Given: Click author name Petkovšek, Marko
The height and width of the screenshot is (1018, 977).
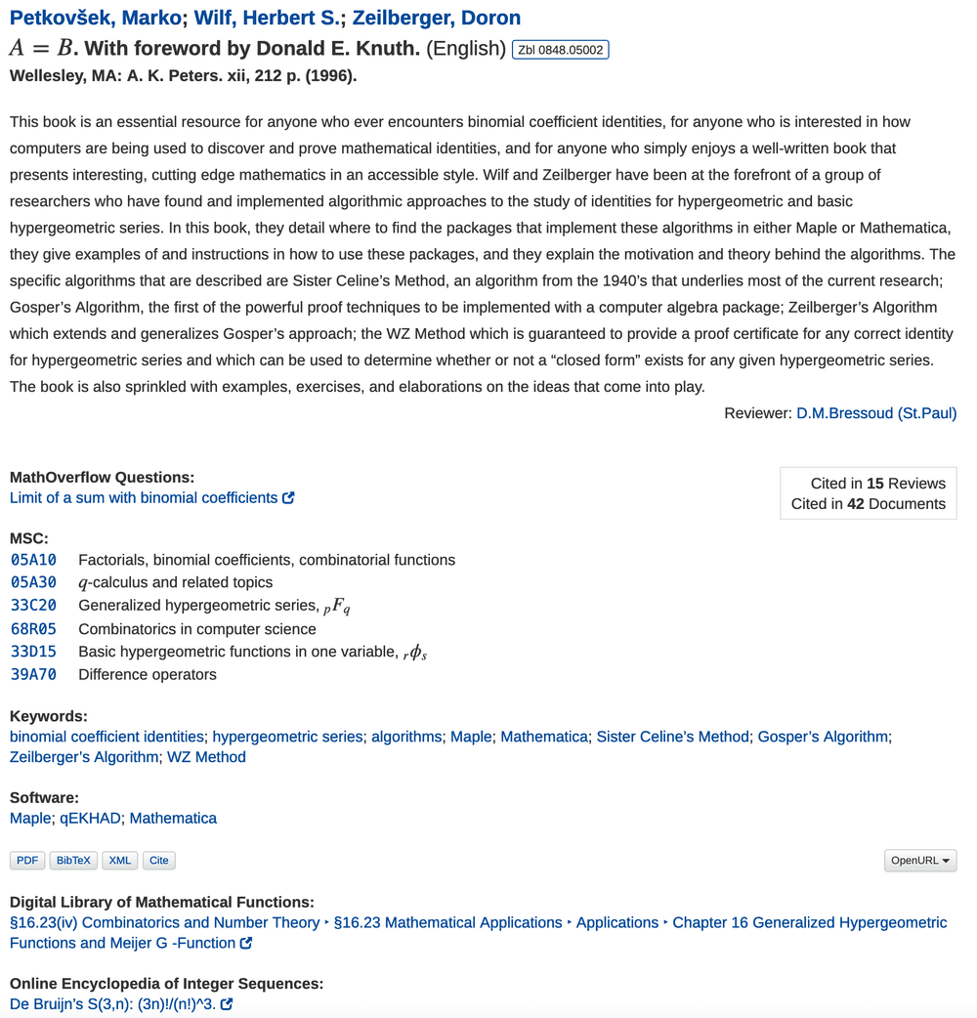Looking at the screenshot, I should coord(95,18).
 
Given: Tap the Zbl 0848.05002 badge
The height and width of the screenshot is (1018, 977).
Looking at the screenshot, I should coord(560,50).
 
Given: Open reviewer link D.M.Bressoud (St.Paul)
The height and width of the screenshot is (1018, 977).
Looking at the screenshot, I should coord(876,413).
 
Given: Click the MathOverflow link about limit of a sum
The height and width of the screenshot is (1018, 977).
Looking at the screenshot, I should coord(145,497).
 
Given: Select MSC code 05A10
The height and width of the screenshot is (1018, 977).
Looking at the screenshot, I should coord(33,560).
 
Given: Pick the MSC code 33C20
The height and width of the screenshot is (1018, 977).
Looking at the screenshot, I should coord(33,606).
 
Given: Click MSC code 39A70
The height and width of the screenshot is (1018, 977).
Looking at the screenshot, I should coord(33,674).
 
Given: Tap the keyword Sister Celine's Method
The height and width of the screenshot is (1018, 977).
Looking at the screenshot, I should coord(673,737).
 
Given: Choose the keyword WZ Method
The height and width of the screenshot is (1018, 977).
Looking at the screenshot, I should coord(206,757).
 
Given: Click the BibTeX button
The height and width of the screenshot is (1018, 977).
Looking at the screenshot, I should coord(73,861).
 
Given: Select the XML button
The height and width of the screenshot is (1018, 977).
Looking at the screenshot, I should coord(120,861).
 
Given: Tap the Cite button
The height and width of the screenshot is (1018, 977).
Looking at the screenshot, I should coord(158,861).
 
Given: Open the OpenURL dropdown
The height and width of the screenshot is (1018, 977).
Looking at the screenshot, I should coord(920,861).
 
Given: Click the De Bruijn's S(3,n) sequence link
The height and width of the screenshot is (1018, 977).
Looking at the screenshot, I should coord(114,1004).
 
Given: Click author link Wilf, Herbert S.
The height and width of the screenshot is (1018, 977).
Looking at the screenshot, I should coord(264,18).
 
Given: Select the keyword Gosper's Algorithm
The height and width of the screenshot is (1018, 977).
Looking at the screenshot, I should coord(823,737).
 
